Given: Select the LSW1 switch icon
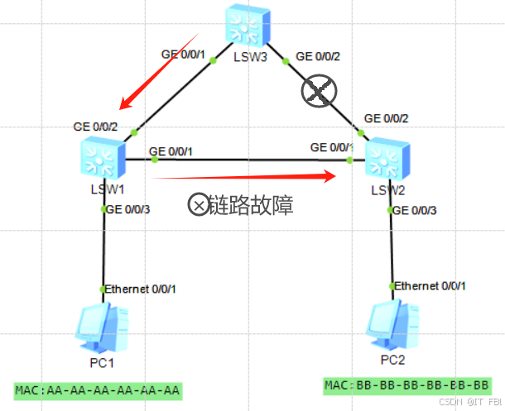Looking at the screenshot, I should (x=103, y=156).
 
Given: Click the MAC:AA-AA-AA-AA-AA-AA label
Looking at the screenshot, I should (x=98, y=389).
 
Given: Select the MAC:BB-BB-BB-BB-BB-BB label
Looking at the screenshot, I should (x=406, y=385).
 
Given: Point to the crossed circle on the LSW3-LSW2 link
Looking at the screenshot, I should (x=320, y=91).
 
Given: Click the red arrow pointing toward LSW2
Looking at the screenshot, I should (x=244, y=175).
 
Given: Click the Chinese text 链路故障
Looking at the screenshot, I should (x=252, y=204).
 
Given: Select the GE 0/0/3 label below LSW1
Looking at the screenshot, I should (x=129, y=208).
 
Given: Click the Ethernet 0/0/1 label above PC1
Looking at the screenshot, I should (x=140, y=289).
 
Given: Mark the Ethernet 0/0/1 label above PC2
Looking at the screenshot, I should (x=430, y=285).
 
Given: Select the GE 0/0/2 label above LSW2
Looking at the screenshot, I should (x=386, y=119).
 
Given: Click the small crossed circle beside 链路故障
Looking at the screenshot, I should (x=199, y=204).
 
